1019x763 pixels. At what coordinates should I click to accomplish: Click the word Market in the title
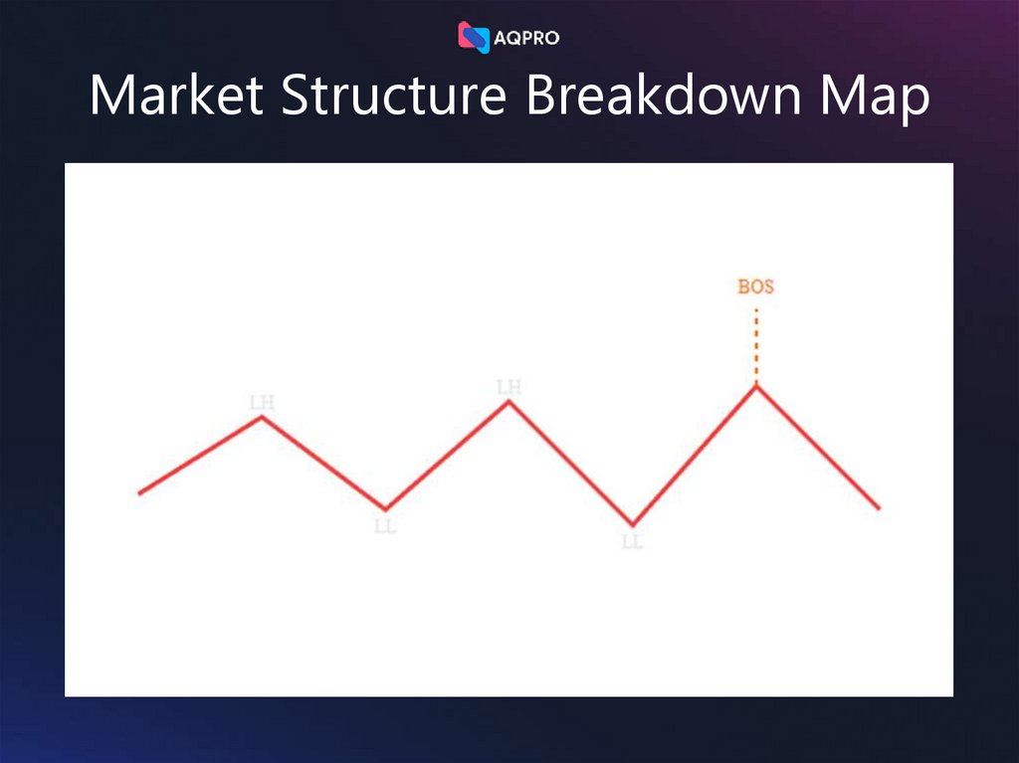[x=176, y=96]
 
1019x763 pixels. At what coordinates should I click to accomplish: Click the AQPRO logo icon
[x=474, y=38]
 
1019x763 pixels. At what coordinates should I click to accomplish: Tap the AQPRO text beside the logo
[x=527, y=39]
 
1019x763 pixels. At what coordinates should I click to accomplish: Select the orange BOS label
[x=755, y=286]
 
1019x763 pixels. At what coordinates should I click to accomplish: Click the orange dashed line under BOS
[x=755, y=345]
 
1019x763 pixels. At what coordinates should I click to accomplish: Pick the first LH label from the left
[x=262, y=402]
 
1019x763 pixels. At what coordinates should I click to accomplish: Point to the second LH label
[x=509, y=386]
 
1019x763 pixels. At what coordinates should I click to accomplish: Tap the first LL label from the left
[x=385, y=526]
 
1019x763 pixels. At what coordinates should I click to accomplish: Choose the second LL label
[x=632, y=542]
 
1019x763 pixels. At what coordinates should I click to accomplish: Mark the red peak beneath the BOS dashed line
[x=755, y=386]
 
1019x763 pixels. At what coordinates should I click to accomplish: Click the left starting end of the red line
[x=140, y=492]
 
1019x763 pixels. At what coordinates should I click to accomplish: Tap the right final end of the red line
[x=879, y=508]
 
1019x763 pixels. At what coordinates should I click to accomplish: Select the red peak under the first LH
[x=262, y=417]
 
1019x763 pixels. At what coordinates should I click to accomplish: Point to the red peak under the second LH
[x=509, y=401]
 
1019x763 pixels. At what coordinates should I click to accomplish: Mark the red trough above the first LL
[x=386, y=508]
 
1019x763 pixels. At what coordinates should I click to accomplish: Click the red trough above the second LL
[x=632, y=523]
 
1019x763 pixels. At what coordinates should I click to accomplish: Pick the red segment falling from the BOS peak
[x=817, y=448]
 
